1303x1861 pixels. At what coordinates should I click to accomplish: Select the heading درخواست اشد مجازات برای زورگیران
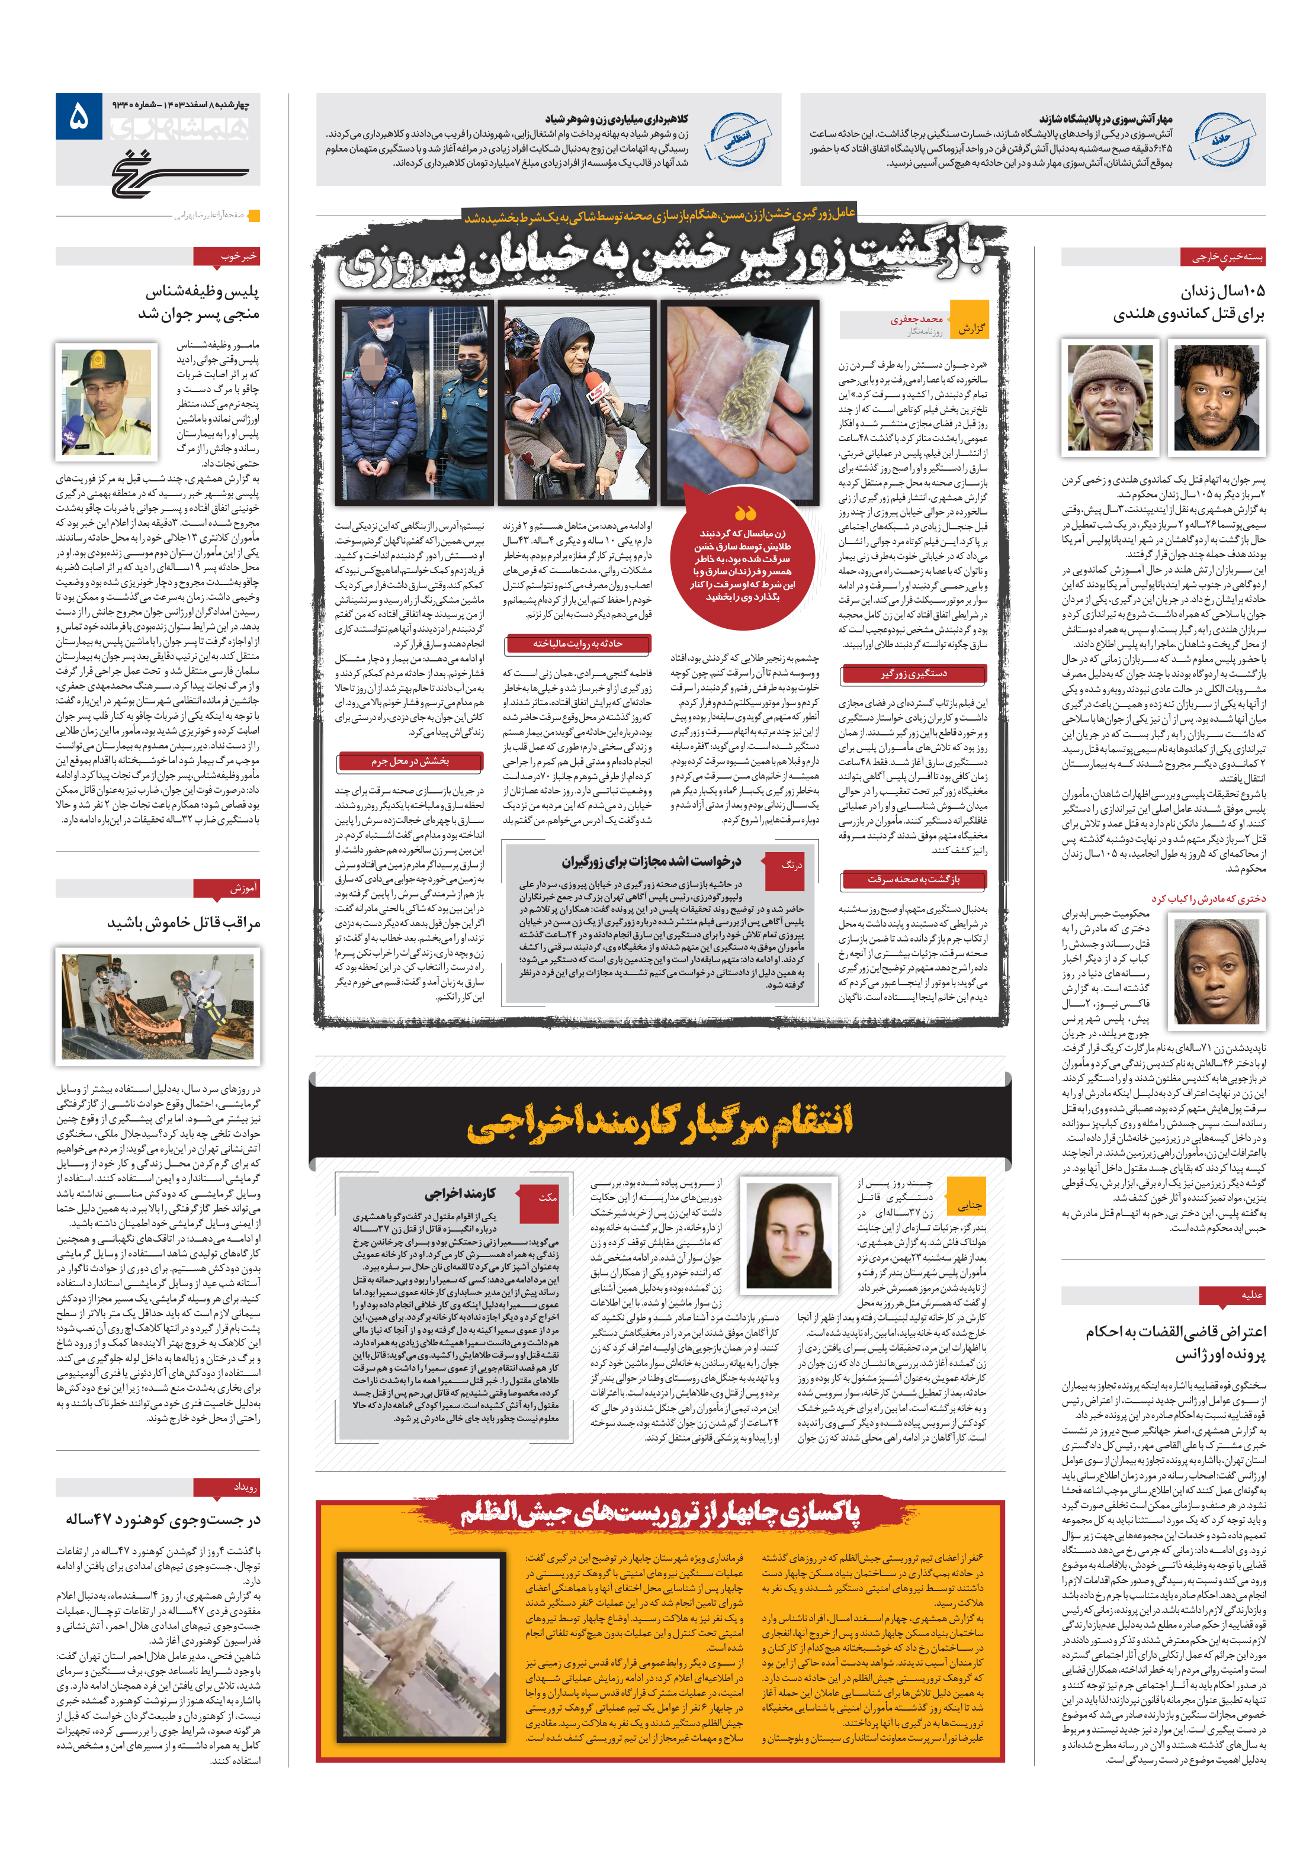pos(651,861)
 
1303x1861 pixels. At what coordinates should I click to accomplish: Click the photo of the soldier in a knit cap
pos(1109,397)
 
